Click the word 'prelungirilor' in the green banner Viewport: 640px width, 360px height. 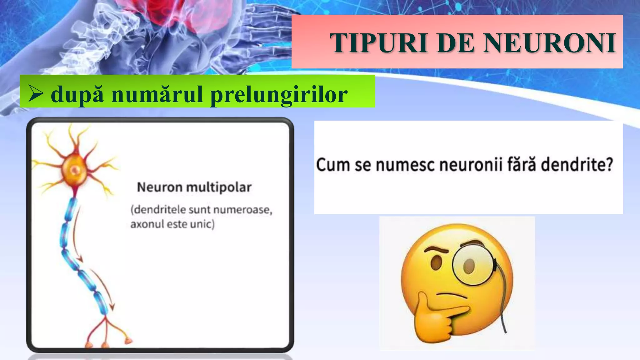[279, 94]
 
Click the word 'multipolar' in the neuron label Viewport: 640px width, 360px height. [219, 187]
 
